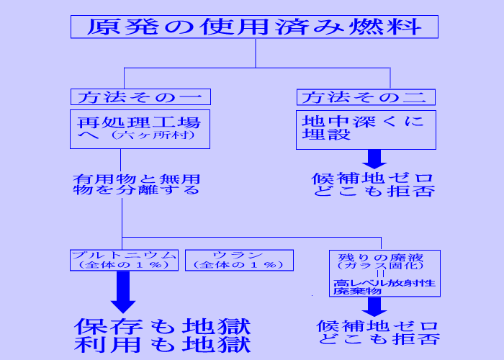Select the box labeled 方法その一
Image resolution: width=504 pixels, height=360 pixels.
140,96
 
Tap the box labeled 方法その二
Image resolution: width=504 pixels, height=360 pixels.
365,96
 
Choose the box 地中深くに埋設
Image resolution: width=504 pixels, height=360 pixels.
365,129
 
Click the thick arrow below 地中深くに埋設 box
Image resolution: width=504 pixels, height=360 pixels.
374,158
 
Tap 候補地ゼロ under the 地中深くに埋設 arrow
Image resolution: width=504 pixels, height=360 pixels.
373,177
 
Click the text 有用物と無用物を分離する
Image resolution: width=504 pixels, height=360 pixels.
136,185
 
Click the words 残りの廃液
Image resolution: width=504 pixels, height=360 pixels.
374,256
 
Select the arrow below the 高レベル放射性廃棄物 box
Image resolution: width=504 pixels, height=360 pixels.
374,307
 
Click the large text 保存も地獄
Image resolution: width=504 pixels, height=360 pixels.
162,325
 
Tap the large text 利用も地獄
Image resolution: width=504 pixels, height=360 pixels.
162,344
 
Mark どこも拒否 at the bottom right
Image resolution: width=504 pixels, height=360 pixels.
378,339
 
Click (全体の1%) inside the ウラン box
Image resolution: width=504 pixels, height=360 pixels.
239,264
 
